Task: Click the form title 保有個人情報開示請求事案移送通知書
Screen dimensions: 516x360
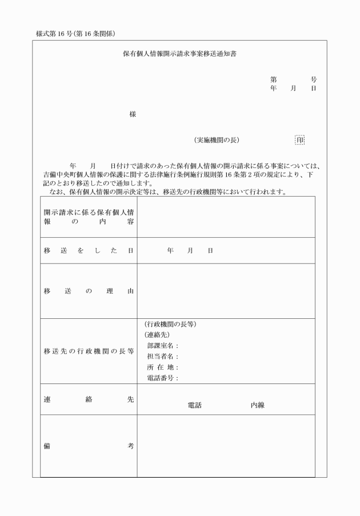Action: click(180, 55)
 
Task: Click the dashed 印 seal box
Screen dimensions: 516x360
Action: click(300, 139)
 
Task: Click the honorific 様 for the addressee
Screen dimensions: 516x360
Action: click(133, 114)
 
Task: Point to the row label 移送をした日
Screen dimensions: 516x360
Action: click(89, 251)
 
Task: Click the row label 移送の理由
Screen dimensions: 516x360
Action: click(89, 291)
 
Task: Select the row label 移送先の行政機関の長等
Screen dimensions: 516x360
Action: click(89, 351)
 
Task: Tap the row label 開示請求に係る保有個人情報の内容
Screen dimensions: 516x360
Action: click(89, 217)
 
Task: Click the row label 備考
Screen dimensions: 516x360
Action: click(89, 446)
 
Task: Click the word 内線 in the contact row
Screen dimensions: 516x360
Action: click(257, 405)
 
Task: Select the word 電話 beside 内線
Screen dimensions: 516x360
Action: click(195, 405)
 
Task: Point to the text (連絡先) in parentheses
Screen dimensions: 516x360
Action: click(157, 335)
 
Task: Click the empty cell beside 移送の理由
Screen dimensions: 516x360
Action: click(226, 291)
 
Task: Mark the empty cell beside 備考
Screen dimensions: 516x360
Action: click(226, 446)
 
